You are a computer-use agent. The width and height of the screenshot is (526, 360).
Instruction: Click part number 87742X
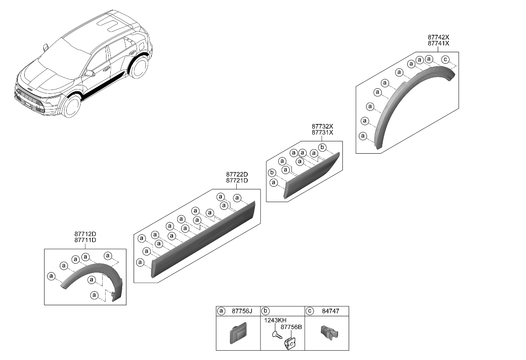click(x=438, y=37)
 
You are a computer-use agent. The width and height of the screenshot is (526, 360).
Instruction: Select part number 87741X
click(x=438, y=43)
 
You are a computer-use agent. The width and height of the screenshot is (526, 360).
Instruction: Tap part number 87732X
click(x=322, y=127)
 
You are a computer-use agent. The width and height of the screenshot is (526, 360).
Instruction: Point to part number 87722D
click(x=237, y=174)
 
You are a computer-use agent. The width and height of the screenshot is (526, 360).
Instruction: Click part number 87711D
click(x=85, y=240)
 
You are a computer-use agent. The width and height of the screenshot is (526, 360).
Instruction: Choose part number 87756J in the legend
click(x=242, y=311)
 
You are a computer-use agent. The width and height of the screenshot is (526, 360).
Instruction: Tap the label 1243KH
click(x=274, y=321)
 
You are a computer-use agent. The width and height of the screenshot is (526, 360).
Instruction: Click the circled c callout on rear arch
click(x=445, y=59)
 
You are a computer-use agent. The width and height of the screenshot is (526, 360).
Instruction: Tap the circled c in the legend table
click(x=310, y=311)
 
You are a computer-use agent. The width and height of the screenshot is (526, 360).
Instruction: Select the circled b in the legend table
click(x=265, y=311)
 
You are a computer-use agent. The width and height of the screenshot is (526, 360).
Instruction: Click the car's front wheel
click(x=73, y=107)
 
